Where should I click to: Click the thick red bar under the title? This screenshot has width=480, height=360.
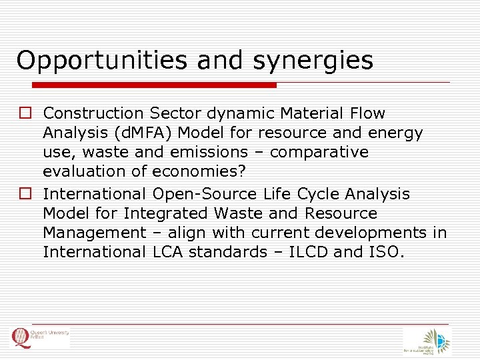click(155, 85)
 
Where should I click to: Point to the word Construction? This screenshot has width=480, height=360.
click(93, 113)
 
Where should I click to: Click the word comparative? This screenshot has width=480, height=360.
click(319, 153)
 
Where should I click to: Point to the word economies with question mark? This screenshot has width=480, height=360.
click(199, 171)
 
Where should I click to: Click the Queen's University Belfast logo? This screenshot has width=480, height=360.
click(40, 338)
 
